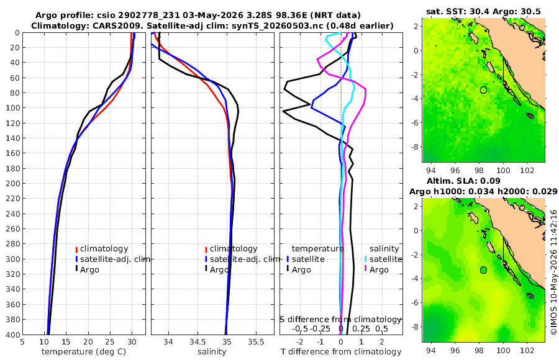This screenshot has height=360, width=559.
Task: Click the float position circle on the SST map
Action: [x=483, y=90]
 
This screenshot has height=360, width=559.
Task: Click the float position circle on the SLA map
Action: [x=483, y=270]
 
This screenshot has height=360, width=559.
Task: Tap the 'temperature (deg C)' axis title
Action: [x=84, y=352]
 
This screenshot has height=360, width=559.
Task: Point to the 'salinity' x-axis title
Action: [x=212, y=352]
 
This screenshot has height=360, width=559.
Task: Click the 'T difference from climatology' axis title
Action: [x=341, y=352]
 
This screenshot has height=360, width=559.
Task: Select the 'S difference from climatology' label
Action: [x=340, y=319]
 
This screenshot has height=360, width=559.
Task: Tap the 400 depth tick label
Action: [x=12, y=335]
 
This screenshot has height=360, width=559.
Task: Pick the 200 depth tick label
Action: [x=12, y=183]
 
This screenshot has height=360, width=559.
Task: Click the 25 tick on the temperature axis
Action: [x=110, y=342]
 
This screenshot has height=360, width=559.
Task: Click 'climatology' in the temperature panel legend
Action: [x=104, y=249]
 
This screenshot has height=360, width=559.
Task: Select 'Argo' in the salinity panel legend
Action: [x=219, y=269]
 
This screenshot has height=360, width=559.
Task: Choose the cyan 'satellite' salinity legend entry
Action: [x=386, y=259]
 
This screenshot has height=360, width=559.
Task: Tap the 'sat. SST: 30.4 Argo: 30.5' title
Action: [x=483, y=11]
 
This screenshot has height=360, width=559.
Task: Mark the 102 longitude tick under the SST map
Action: [x=527, y=170]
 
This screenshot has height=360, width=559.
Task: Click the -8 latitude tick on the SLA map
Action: [x=415, y=326]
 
